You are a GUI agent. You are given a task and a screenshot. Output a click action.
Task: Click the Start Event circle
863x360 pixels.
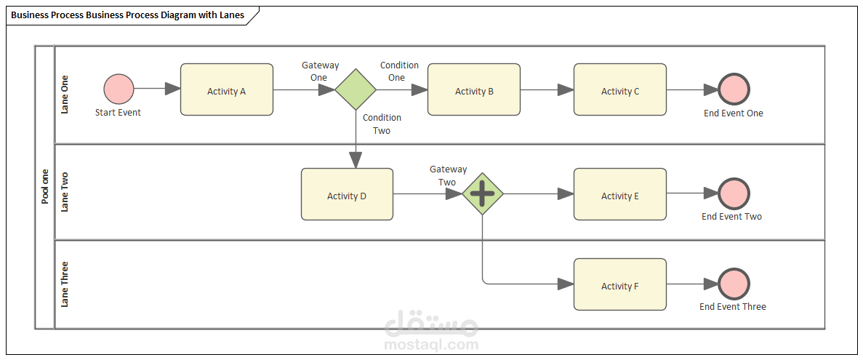tap(119, 89)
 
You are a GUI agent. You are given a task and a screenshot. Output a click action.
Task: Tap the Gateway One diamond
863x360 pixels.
tap(356, 89)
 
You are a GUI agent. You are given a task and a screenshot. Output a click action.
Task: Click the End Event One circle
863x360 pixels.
tap(734, 89)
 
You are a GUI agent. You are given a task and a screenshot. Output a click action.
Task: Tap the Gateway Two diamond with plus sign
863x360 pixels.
tap(483, 194)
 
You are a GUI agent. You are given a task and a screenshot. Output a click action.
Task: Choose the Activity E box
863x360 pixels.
tap(620, 194)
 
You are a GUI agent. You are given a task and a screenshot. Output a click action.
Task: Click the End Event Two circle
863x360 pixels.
tap(734, 193)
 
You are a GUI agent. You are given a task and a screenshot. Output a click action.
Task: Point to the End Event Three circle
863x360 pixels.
tap(734, 284)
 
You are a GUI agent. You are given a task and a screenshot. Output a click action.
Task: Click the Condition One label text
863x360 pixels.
tap(398, 71)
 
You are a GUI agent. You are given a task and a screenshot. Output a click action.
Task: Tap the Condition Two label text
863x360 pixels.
tap(382, 124)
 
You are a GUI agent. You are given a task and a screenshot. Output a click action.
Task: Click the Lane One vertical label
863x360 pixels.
tap(65, 95)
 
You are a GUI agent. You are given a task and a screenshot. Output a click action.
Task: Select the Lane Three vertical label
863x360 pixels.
tap(65, 284)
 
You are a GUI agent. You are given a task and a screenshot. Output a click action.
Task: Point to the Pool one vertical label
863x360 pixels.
tap(45, 186)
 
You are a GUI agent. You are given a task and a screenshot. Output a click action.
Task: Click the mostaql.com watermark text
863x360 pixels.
tap(431, 345)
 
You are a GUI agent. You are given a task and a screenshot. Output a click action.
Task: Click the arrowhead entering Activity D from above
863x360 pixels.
tap(356, 159)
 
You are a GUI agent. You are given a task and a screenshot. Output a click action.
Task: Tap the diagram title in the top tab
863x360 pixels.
tap(128, 15)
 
